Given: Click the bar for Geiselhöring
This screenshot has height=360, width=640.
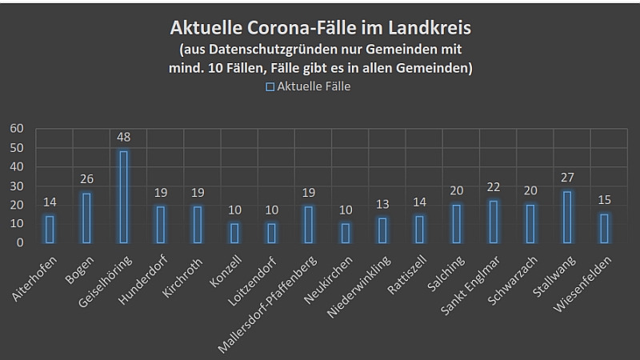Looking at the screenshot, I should tap(123, 197).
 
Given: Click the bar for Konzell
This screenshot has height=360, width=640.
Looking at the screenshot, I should tap(234, 233).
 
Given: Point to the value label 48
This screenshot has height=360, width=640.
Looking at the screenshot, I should tap(123, 138).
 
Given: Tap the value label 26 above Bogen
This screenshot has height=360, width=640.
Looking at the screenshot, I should tap(86, 180).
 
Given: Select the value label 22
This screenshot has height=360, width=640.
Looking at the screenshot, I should tap(494, 187).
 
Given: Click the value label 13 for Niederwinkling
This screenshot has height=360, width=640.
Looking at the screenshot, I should tap(382, 205).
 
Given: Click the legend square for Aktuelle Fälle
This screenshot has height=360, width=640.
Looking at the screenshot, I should tap(270, 86).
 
